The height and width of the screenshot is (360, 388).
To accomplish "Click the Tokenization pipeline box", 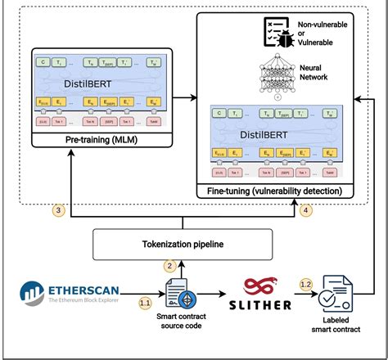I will pos(182,243).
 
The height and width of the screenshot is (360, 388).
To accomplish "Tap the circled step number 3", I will pos(58,209).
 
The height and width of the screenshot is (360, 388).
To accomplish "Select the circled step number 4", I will pos(306,209).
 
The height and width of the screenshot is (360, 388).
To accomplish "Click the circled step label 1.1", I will pos(145,303).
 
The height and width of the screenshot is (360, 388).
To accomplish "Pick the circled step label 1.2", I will pos(305,284).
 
